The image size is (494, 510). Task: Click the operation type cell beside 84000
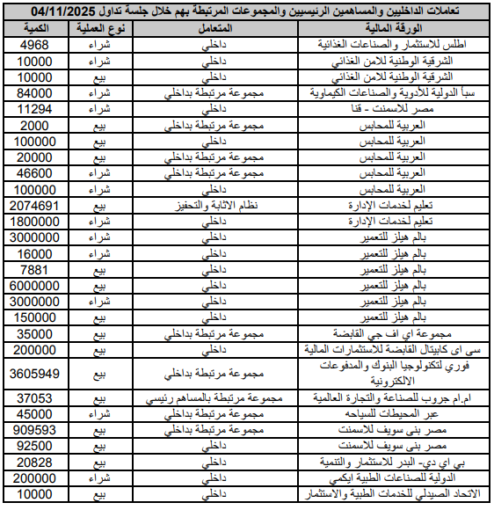pos(105,92)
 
